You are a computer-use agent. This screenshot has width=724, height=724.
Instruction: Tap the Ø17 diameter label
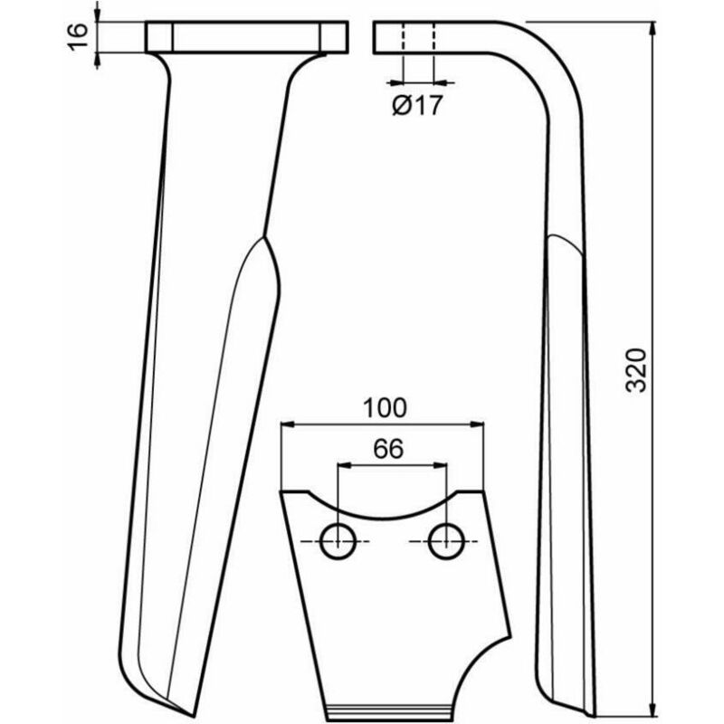click(x=416, y=106)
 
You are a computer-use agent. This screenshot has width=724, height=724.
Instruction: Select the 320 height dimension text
click(x=637, y=368)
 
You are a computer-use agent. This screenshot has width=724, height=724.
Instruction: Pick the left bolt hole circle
click(x=339, y=540)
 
